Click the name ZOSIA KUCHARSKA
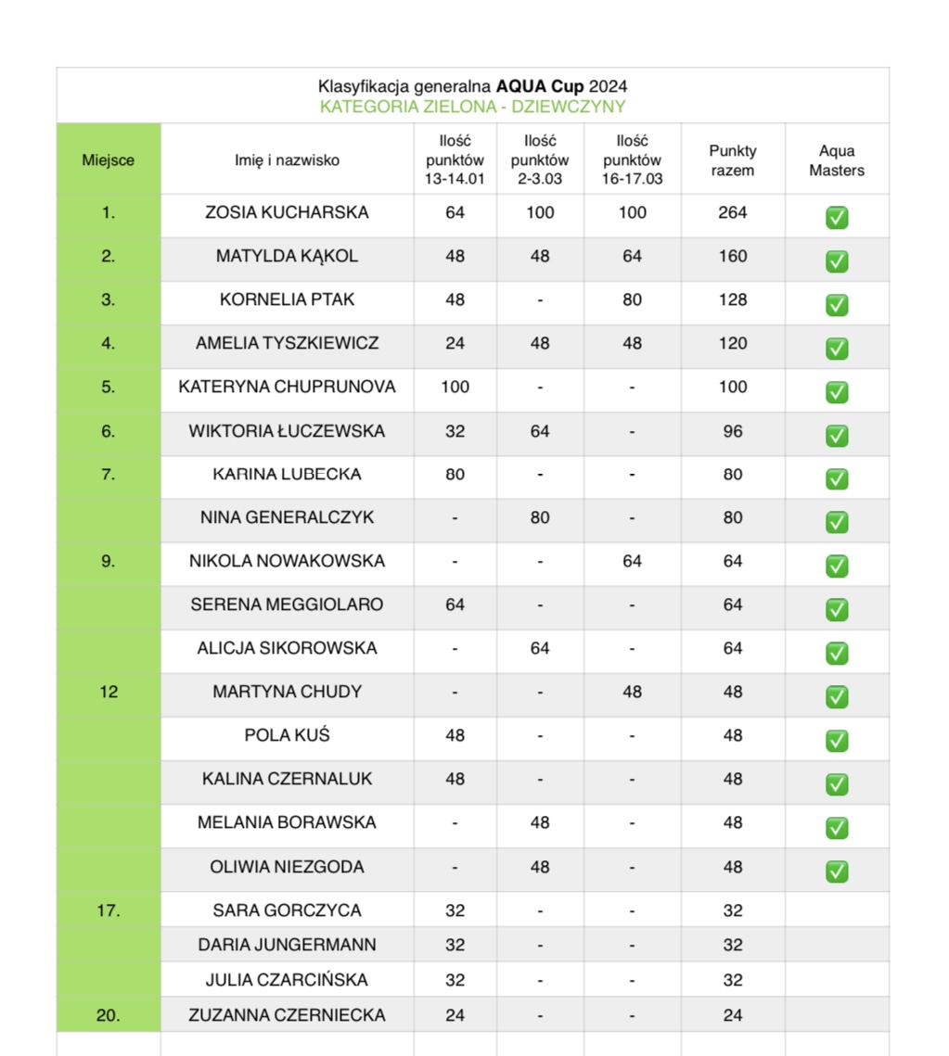click(287, 212)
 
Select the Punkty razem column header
click(732, 160)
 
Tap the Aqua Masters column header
click(836, 160)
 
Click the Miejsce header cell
click(108, 160)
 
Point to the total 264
click(732, 212)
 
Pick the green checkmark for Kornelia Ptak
click(837, 305)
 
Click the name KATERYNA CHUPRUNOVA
click(287, 387)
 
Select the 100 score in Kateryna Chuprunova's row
click(455, 387)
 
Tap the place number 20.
click(108, 1015)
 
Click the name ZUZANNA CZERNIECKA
click(287, 1015)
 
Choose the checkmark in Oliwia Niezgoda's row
click(837, 871)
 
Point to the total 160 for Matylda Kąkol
click(732, 256)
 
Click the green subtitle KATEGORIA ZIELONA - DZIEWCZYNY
click(472, 107)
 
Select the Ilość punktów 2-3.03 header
click(539, 160)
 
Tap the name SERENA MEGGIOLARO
click(287, 604)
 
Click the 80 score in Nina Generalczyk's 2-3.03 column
click(539, 517)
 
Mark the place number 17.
click(108, 910)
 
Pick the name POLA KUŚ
click(287, 735)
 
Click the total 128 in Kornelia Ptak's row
click(732, 299)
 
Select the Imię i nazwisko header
click(287, 160)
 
